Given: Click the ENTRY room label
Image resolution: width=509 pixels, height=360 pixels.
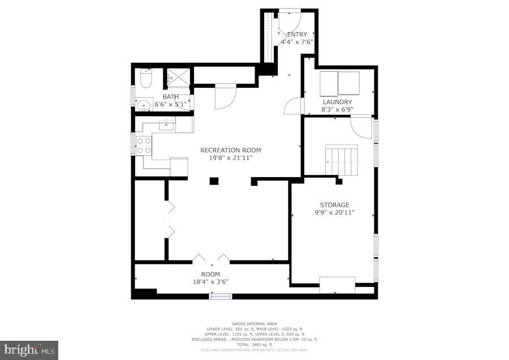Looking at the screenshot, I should click(297, 35).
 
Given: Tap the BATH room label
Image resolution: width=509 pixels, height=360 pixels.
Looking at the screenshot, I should click(171, 97).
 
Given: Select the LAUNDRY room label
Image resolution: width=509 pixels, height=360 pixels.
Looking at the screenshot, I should click(337, 102).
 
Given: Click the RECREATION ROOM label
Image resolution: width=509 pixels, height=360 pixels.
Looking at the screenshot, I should click(231, 150).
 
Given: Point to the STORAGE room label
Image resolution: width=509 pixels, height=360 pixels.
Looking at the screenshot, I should click(334, 205).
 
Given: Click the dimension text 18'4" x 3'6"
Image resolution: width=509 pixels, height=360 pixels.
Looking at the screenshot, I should click(210, 281).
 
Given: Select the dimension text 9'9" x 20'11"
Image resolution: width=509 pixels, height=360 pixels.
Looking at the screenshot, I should click(334, 213).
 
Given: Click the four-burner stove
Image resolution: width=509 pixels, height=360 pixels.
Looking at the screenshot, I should click(144, 146).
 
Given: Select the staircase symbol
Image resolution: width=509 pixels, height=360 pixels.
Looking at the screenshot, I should click(342, 160).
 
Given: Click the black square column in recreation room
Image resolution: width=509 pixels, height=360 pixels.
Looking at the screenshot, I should click(214, 181).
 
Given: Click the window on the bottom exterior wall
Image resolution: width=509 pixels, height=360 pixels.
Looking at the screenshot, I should click(221, 296).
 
